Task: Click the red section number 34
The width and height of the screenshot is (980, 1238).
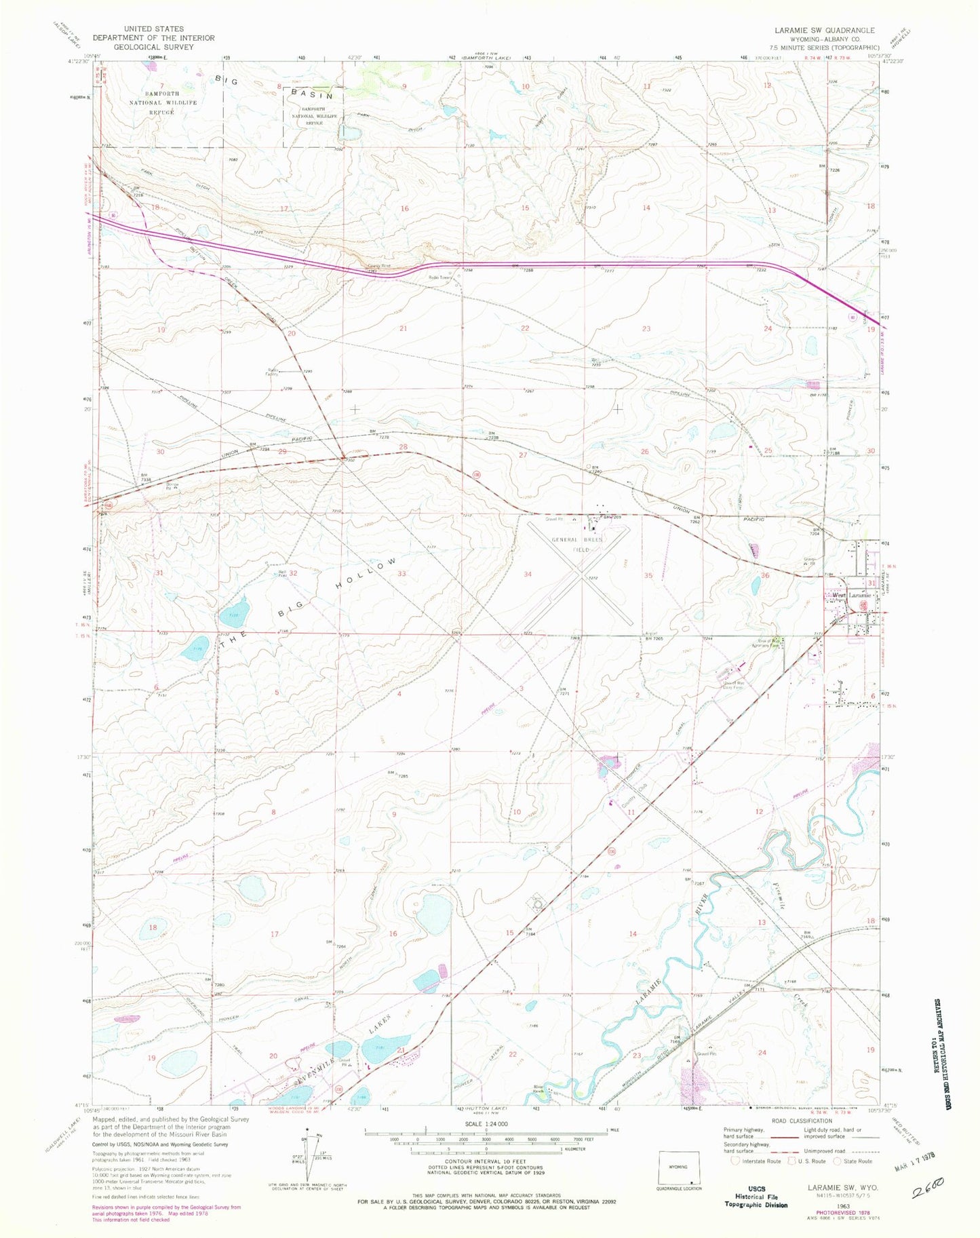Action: click(x=528, y=575)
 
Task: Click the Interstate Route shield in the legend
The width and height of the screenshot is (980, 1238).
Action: click(x=737, y=1161)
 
